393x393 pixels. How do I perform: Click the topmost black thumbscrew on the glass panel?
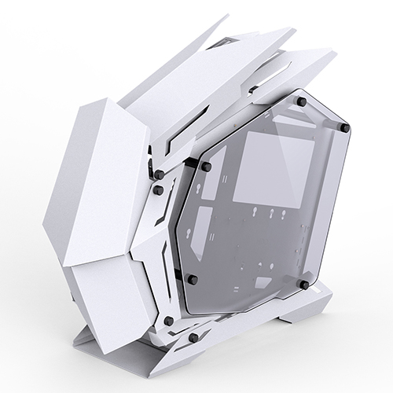coord(299,101)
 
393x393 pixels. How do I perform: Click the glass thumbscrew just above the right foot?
coord(303,281)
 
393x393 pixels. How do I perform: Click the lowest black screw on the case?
coord(193,338)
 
